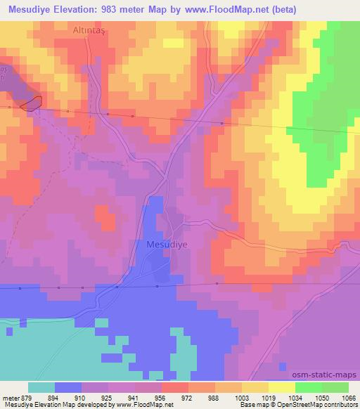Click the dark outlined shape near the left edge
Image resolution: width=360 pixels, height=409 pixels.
[x=31, y=103]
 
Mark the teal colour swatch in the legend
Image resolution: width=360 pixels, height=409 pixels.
[x=41, y=387]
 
